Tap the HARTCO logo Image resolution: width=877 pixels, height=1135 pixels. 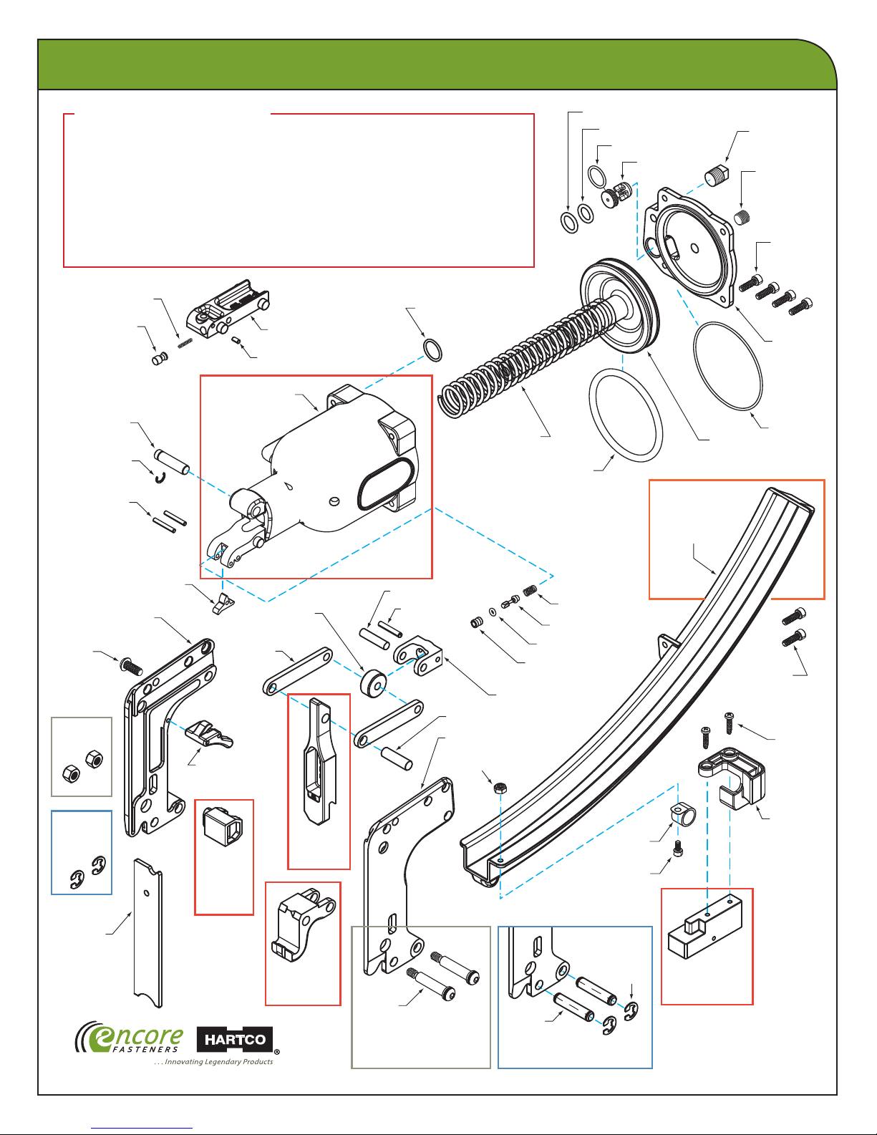pyautogui.click(x=235, y=1040)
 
